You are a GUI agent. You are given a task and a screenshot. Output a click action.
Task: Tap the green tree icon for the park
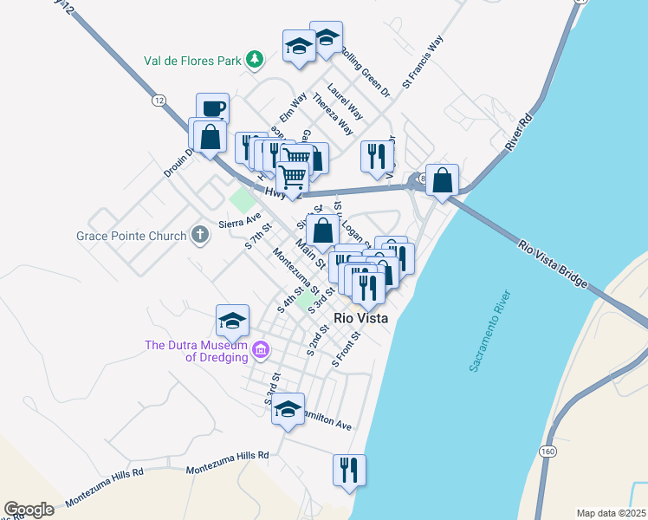[x=254, y=59]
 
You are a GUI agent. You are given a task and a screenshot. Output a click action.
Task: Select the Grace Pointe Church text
[x=131, y=236]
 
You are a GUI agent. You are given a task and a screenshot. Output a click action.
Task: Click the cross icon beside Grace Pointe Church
[x=199, y=235]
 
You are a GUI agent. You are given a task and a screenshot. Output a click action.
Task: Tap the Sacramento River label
[x=491, y=332]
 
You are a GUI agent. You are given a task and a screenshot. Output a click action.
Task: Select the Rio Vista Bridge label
[x=554, y=264]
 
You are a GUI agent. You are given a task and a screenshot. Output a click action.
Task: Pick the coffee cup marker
[x=212, y=109]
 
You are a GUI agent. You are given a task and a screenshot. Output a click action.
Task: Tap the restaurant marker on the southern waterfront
[x=349, y=470]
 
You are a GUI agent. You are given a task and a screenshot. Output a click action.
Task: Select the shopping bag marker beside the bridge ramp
[x=443, y=181]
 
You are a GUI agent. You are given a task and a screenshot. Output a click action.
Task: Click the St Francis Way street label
[x=424, y=63]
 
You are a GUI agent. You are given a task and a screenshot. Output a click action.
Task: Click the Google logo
[x=29, y=510]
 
